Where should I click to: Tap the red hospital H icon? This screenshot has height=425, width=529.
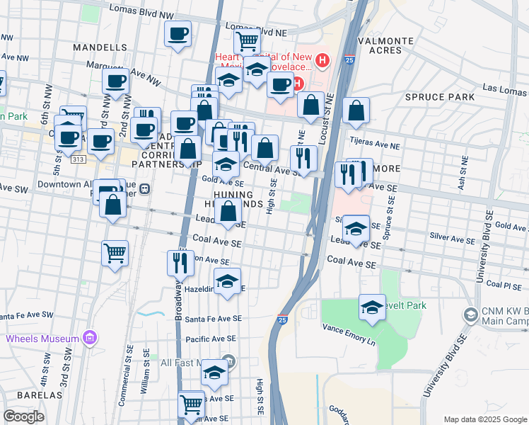[322, 61]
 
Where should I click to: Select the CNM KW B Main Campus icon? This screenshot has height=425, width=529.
[470, 314]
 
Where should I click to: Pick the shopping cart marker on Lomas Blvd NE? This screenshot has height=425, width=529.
[247, 40]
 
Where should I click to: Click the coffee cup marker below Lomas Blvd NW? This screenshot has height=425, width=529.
[178, 33]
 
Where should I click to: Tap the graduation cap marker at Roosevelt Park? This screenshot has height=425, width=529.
[372, 307]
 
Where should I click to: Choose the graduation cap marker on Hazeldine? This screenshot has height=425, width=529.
[227, 281]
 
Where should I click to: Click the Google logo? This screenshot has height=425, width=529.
[23, 416]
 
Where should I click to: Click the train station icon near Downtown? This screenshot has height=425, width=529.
[145, 189]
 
